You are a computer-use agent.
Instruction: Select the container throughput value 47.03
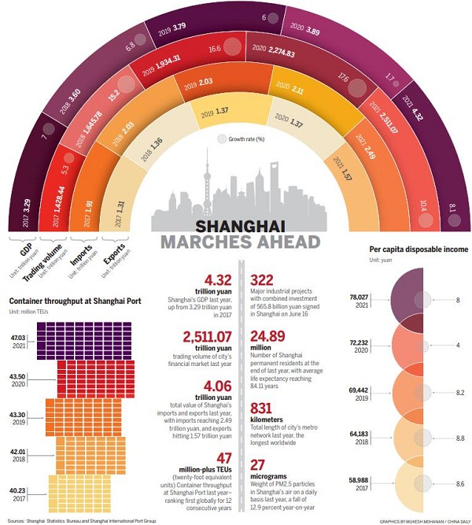coord(20,336)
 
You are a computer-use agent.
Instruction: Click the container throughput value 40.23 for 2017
coord(20,490)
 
